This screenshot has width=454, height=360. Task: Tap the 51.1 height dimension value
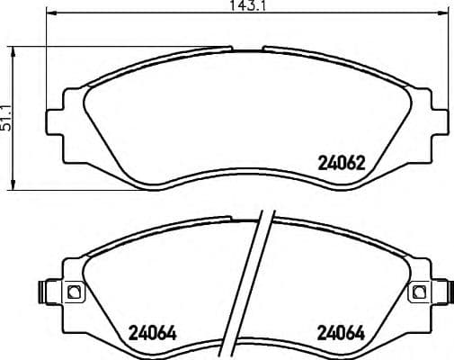(x=6, y=117)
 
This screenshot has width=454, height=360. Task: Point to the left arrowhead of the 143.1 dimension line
(x=49, y=14)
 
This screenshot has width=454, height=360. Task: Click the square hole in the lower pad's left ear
(x=75, y=292)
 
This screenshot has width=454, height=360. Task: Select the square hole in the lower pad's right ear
(x=415, y=292)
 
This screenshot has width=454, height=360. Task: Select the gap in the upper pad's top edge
(x=245, y=49)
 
